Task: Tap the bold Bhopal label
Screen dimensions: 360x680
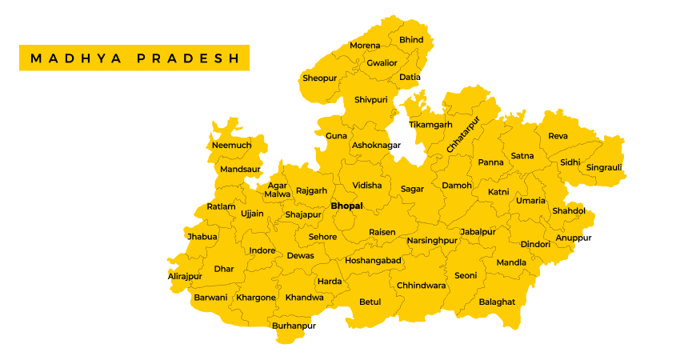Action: pyautogui.click(x=346, y=206)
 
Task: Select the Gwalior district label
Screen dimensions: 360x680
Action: pyautogui.click(x=382, y=62)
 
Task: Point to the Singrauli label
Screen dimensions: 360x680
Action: pyautogui.click(x=604, y=168)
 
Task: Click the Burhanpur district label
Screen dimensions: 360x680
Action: pyautogui.click(x=294, y=326)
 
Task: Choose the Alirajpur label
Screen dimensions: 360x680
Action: pyautogui.click(x=185, y=276)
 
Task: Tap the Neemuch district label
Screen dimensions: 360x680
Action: pyautogui.click(x=231, y=145)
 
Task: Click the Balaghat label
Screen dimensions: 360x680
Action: pyautogui.click(x=497, y=302)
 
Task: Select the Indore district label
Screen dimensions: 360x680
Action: pyautogui.click(x=262, y=250)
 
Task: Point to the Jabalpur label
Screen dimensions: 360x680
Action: pyautogui.click(x=478, y=231)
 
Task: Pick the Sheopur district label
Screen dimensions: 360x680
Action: pyautogui.click(x=319, y=78)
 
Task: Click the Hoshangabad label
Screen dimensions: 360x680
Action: pyautogui.click(x=373, y=260)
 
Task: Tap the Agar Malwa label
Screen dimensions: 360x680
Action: pyautogui.click(x=278, y=190)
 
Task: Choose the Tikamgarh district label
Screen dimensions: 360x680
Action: pyautogui.click(x=430, y=125)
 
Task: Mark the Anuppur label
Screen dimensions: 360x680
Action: pyautogui.click(x=574, y=238)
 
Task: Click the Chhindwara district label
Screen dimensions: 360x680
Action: pyautogui.click(x=421, y=285)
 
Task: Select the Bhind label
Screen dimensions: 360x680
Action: pyautogui.click(x=411, y=40)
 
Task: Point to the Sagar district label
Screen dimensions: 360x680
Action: pyautogui.click(x=412, y=189)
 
